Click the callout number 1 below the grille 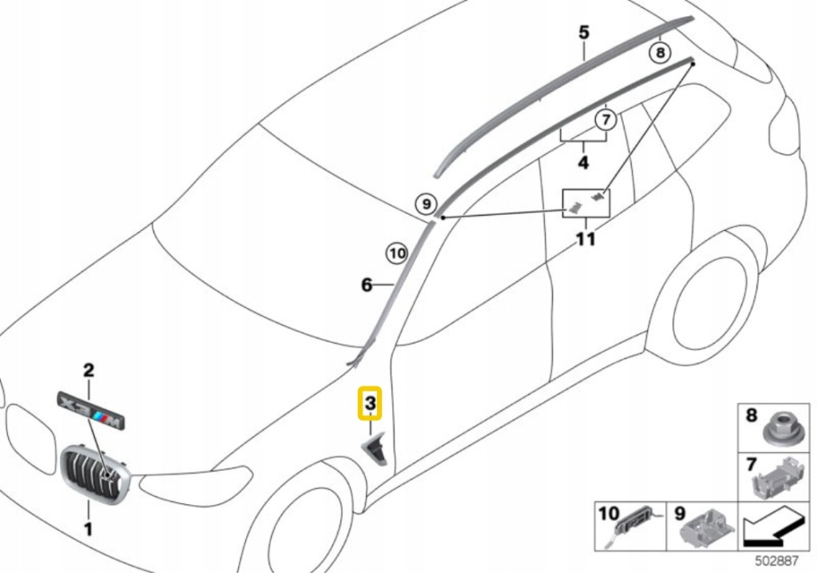[89, 528]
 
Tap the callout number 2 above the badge [89, 370]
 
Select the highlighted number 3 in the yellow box [371, 404]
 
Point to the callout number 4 [583, 163]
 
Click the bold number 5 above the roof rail [584, 33]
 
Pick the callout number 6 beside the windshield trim [367, 285]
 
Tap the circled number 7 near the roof [606, 121]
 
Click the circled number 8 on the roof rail [659, 53]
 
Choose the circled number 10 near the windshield [397, 253]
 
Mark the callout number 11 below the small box [586, 239]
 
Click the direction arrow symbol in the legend [771, 527]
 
